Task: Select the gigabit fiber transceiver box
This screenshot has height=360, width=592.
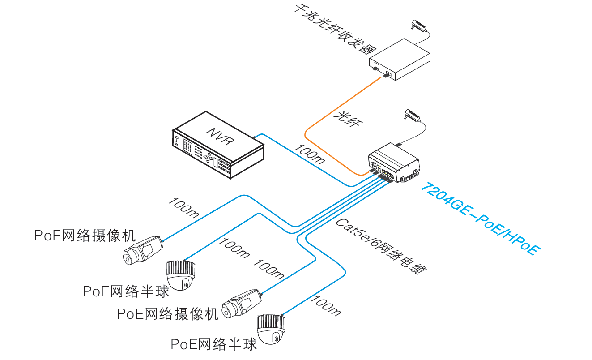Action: tap(400, 59)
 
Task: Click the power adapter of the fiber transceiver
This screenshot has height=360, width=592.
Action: tap(418, 25)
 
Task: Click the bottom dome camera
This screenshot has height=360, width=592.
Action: tap(271, 329)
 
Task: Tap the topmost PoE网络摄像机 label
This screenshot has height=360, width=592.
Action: tap(85, 236)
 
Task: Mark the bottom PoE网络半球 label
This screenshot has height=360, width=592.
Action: tap(214, 344)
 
